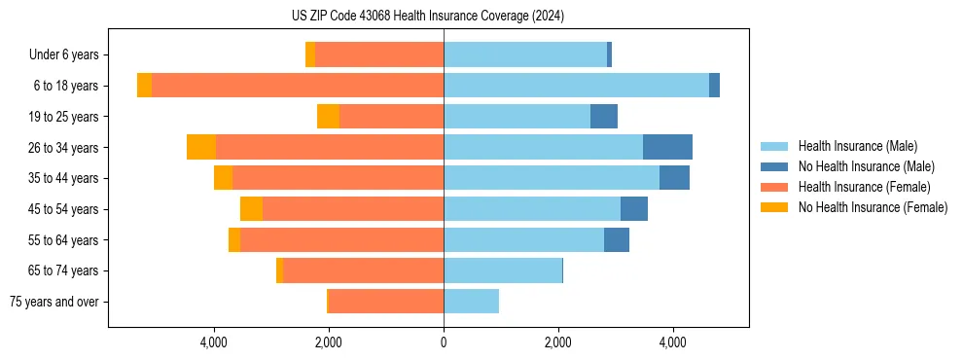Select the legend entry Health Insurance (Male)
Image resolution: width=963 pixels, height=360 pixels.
click(x=857, y=146)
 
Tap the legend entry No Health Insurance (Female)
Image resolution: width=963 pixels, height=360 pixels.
click(x=873, y=207)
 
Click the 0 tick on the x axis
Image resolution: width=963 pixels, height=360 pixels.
click(x=444, y=342)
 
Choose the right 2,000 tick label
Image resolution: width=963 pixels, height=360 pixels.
click(x=558, y=342)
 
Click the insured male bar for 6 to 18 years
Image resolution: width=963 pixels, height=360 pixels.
click(x=576, y=86)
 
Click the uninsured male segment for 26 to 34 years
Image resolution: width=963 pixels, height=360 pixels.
click(x=667, y=147)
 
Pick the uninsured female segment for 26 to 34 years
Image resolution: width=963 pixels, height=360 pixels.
click(x=201, y=147)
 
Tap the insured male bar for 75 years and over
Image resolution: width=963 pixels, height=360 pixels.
click(x=471, y=302)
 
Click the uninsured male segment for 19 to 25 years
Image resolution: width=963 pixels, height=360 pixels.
click(x=604, y=117)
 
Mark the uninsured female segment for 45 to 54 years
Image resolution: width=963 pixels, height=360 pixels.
click(x=251, y=209)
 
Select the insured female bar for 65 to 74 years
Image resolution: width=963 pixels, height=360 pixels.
click(x=364, y=270)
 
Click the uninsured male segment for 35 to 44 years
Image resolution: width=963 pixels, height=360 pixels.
click(x=674, y=178)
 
